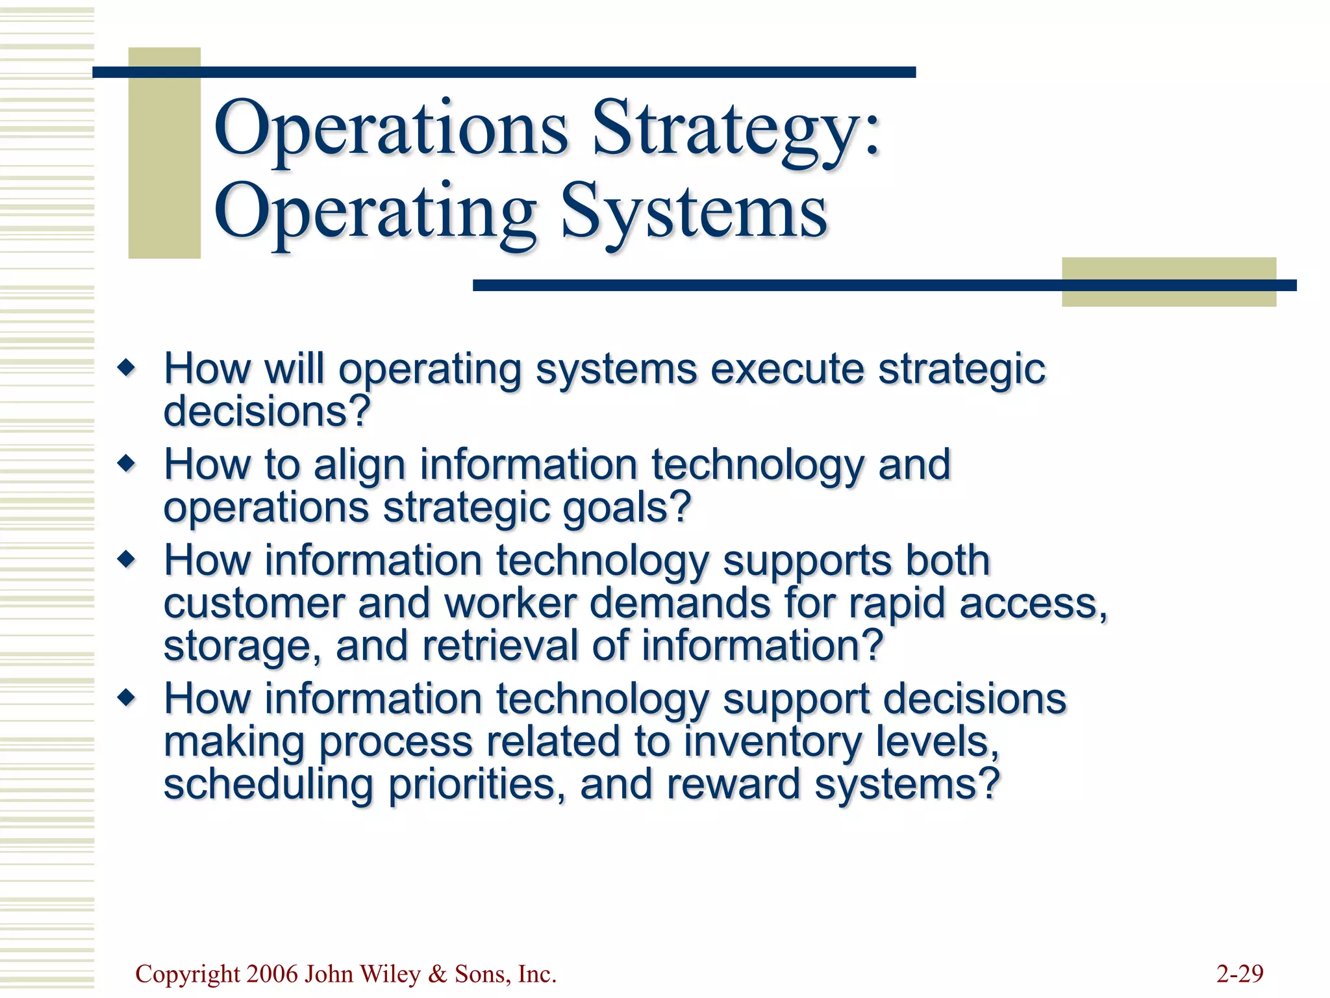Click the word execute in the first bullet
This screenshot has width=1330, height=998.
pyautogui.click(x=787, y=370)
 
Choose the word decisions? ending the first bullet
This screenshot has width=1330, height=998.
pyautogui.click(x=266, y=412)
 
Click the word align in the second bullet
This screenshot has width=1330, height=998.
pyautogui.click(x=360, y=465)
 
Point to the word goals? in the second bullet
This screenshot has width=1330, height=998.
pyautogui.click(x=627, y=508)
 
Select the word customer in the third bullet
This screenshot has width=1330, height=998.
pyautogui.click(x=254, y=604)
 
